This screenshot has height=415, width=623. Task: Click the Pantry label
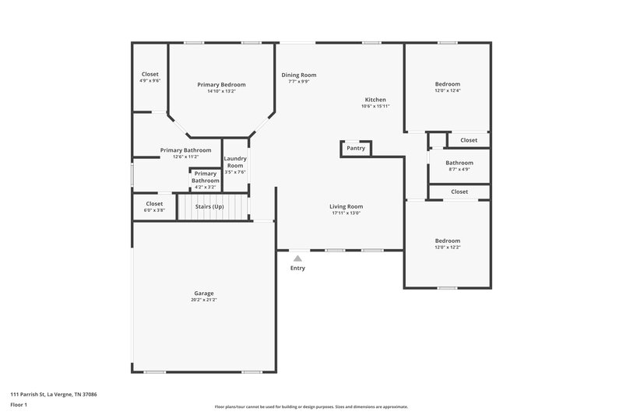tap(356, 148)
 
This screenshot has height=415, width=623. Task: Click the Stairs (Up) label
tap(209, 207)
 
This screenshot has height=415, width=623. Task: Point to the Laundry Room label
tap(235, 162)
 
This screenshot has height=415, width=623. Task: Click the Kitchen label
tap(375, 100)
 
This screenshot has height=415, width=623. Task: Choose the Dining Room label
tap(299, 75)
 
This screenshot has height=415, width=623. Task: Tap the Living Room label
tap(347, 206)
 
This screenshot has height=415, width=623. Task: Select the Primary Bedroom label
tap(221, 84)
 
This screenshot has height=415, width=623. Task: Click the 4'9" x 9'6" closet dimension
tap(150, 80)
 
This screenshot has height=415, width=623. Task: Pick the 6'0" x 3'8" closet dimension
tap(154, 210)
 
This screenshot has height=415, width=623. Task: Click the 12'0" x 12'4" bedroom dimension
tap(447, 91)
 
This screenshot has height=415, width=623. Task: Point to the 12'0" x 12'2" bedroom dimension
tap(447, 248)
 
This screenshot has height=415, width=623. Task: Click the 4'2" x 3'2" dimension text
tap(206, 188)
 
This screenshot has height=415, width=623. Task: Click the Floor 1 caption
tap(20, 406)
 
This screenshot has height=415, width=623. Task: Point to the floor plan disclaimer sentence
tap(311, 406)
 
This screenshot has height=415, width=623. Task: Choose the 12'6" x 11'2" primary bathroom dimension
tap(185, 157)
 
